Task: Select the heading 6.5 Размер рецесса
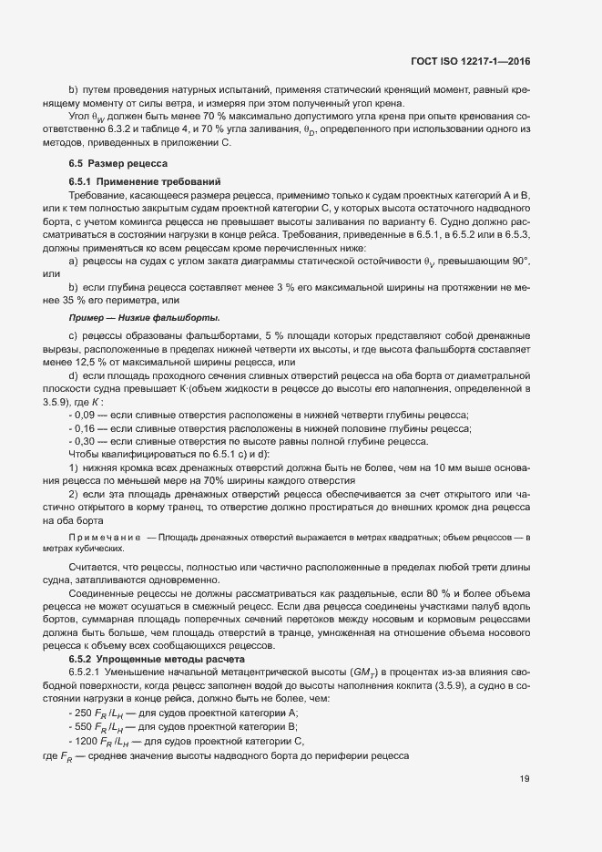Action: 113,162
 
